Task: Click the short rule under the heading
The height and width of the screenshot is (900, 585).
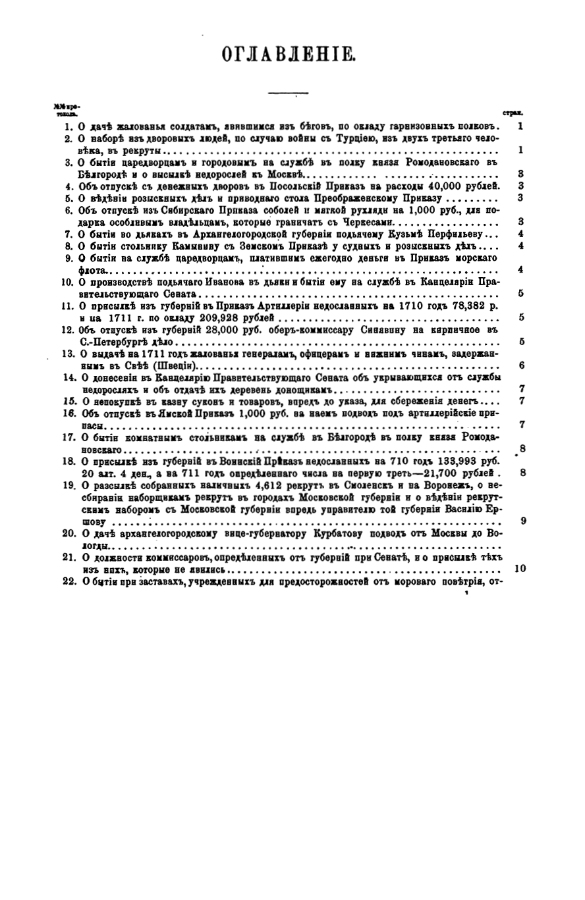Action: tap(285, 94)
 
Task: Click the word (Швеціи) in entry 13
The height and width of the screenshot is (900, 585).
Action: tap(177, 365)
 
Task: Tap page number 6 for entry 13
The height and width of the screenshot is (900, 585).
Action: tap(521, 365)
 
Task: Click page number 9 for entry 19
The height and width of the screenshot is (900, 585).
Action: tap(522, 520)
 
